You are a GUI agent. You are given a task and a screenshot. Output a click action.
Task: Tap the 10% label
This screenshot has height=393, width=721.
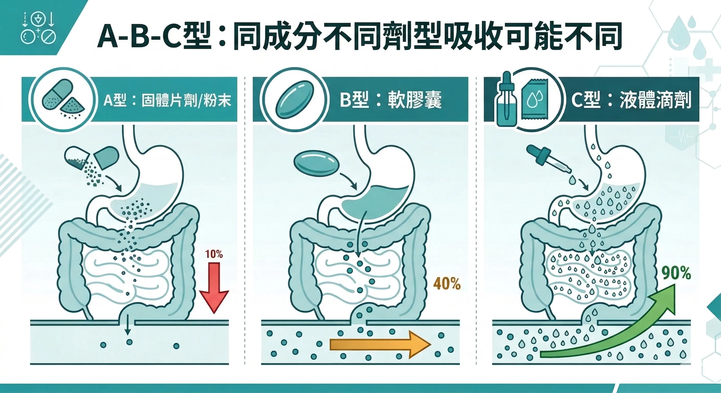click(214, 254)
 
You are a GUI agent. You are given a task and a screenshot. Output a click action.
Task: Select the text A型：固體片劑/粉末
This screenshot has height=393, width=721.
click(167, 100)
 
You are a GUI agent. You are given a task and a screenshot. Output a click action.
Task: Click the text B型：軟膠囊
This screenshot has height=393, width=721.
click(390, 100)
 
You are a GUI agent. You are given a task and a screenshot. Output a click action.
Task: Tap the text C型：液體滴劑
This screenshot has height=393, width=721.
click(631, 100)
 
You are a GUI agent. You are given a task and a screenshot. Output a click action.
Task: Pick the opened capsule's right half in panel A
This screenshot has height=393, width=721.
click(106, 157)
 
